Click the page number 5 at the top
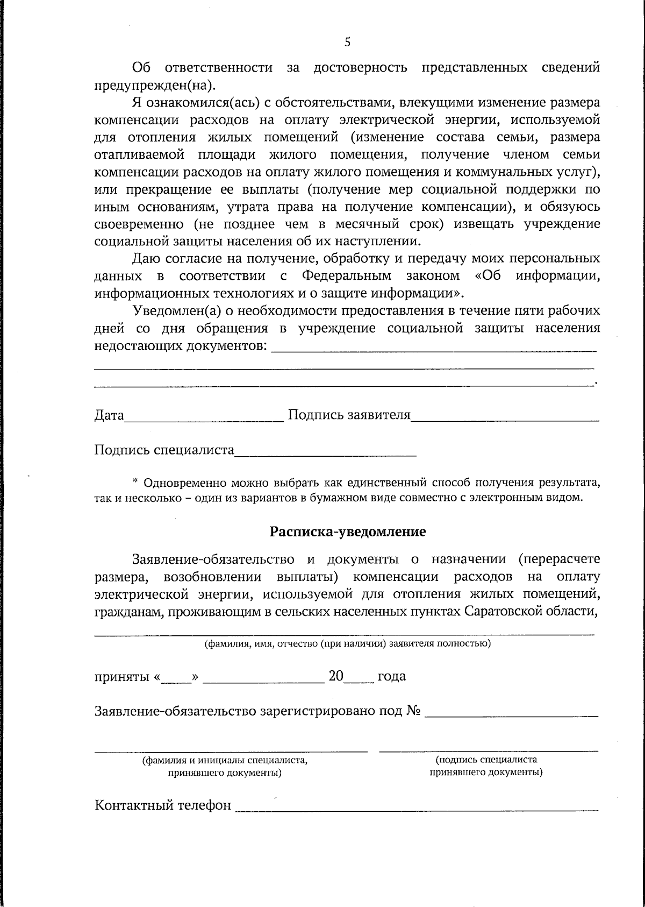(347, 42)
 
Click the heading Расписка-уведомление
(347, 532)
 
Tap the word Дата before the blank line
(109, 415)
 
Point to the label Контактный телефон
(163, 805)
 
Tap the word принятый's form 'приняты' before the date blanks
(121, 676)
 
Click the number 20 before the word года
(336, 676)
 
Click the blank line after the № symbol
(511, 714)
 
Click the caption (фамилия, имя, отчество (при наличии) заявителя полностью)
(347, 643)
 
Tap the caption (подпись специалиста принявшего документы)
(486, 766)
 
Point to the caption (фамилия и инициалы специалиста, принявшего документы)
(225, 767)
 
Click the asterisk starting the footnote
(135, 481)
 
